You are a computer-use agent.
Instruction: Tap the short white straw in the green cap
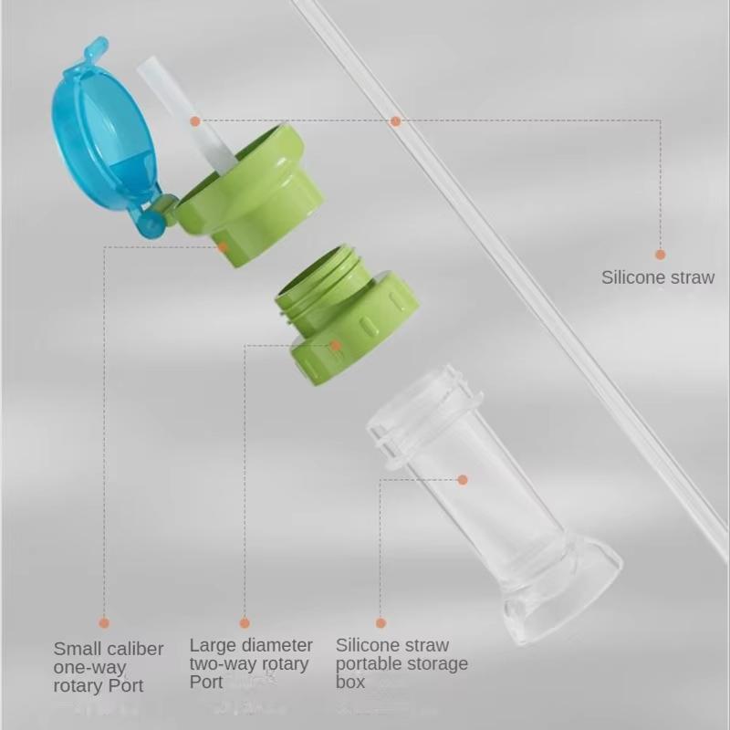tap(190, 116)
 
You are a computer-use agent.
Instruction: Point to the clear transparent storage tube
tap(494, 503)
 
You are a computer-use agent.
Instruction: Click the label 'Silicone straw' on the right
tap(657, 277)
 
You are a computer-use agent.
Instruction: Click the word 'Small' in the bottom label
tap(77, 649)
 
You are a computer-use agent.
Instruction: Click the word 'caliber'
tap(135, 649)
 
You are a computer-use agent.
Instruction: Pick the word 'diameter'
tap(277, 645)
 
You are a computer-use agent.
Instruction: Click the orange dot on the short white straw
tap(195, 121)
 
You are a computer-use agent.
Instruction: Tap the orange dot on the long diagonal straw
tap(395, 121)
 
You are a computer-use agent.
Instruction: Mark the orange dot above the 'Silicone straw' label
tap(660, 255)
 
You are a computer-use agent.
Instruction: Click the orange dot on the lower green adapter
tap(335, 346)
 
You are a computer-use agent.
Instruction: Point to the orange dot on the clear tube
tap(463, 480)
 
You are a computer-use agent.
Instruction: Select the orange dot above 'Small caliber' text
tap(104, 623)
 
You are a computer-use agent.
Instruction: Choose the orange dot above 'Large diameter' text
tap(245, 623)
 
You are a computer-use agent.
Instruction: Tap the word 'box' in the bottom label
tap(350, 683)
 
